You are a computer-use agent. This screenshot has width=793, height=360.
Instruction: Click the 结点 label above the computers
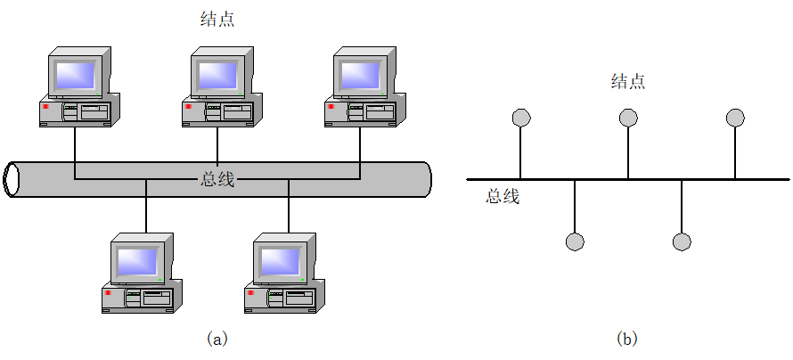pos(217,19)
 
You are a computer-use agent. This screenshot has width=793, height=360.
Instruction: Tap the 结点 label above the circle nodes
pos(627,82)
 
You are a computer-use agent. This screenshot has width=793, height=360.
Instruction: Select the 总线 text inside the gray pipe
pos(217,179)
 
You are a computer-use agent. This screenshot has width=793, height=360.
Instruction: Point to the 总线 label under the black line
pos(503,197)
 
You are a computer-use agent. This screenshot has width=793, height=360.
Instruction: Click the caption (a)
pos(217,339)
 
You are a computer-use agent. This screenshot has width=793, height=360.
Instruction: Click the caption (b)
pos(627,339)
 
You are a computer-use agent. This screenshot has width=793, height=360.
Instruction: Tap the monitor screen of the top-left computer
pos(73,74)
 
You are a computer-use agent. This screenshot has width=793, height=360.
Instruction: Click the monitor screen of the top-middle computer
pos(216,74)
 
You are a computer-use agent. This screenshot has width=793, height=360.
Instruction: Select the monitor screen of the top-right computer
pos(358,74)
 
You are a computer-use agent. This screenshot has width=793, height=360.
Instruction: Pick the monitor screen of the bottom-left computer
pos(137,259)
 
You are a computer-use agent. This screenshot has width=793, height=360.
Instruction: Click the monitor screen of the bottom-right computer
pos(280,259)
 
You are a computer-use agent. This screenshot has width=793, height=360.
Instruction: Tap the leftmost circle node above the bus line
pos(521,118)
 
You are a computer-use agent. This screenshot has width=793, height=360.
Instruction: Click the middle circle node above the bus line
pos(628,118)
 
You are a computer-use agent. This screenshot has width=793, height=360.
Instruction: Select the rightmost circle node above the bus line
pos(735,118)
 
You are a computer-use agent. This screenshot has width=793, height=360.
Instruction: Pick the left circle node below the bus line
pos(575,241)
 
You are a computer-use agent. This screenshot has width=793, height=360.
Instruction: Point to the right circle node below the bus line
pos(682,241)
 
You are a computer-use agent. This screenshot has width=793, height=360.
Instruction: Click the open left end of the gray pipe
pos(12,179)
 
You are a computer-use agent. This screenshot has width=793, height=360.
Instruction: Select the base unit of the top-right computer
pos(361,112)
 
